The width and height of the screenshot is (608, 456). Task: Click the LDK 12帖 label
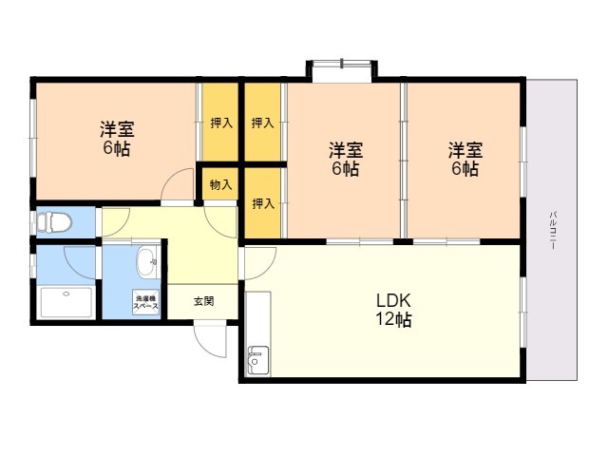[x=392, y=310]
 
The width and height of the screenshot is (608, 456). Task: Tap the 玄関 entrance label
[x=203, y=301]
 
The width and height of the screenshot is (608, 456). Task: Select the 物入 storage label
[x=220, y=184]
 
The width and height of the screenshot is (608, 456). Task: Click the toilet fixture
[x=55, y=223]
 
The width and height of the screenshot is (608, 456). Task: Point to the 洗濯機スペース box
[x=145, y=301]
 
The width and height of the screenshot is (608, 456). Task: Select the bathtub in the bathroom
[x=66, y=303]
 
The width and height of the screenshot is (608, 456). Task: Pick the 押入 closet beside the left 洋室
[x=220, y=123]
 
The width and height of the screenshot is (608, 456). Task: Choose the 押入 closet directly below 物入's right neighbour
[x=263, y=203]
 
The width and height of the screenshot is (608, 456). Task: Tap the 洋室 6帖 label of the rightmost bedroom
[x=465, y=159]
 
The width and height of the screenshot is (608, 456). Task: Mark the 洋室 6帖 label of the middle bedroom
[x=345, y=159]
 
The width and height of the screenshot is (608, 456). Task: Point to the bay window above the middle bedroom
[x=341, y=71]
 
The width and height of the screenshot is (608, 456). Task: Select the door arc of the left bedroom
[x=178, y=187]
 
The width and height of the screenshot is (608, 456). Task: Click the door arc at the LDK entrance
[x=259, y=258]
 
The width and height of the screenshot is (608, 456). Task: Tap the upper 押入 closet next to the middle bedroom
[x=263, y=123]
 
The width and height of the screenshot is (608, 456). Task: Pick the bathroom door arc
[x=82, y=259]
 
